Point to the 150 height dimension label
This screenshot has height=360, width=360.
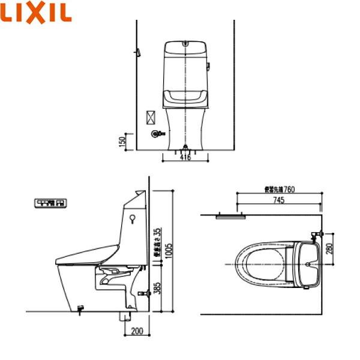coord(122,142)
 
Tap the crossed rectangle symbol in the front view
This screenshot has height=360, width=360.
coord(151,116)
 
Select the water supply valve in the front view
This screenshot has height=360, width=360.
coord(157,134)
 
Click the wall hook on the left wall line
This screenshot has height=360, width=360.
coord(139,53)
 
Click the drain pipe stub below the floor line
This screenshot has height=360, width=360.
coord(126,317)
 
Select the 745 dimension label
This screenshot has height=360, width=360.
coord(280,201)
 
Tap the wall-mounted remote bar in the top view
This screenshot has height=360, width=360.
coord(228,215)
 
